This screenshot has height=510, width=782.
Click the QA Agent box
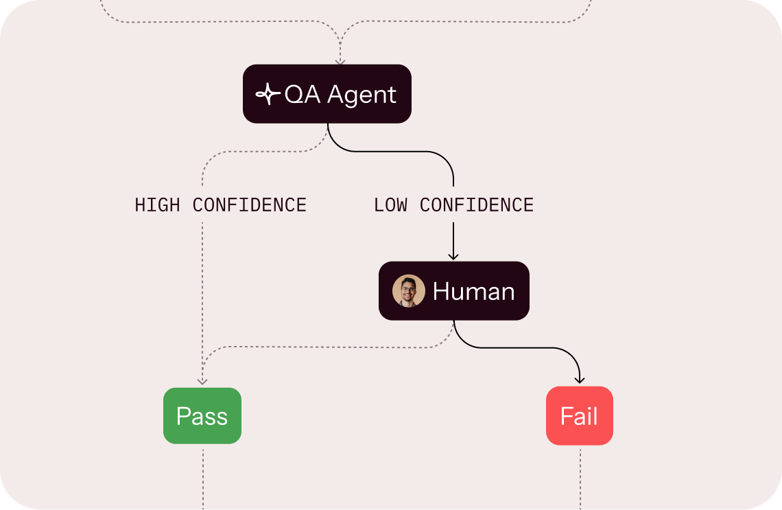(327, 94)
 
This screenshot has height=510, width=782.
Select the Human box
(453, 291)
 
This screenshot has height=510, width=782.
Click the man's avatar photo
(408, 291)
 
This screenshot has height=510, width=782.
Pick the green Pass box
(202, 416)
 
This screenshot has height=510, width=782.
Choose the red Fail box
(579, 416)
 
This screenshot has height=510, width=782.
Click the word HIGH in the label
(158, 205)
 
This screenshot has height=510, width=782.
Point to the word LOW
(390, 205)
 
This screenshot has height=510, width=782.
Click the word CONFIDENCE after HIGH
(250, 205)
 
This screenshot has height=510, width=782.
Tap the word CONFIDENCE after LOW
(477, 205)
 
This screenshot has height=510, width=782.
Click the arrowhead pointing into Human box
(453, 256)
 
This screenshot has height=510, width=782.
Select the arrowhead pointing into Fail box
(580, 380)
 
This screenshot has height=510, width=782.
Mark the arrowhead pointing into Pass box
(202, 380)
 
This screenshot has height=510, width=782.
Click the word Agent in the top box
(362, 95)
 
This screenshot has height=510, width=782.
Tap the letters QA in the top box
(303, 94)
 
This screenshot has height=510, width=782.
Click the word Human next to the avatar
(473, 291)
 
